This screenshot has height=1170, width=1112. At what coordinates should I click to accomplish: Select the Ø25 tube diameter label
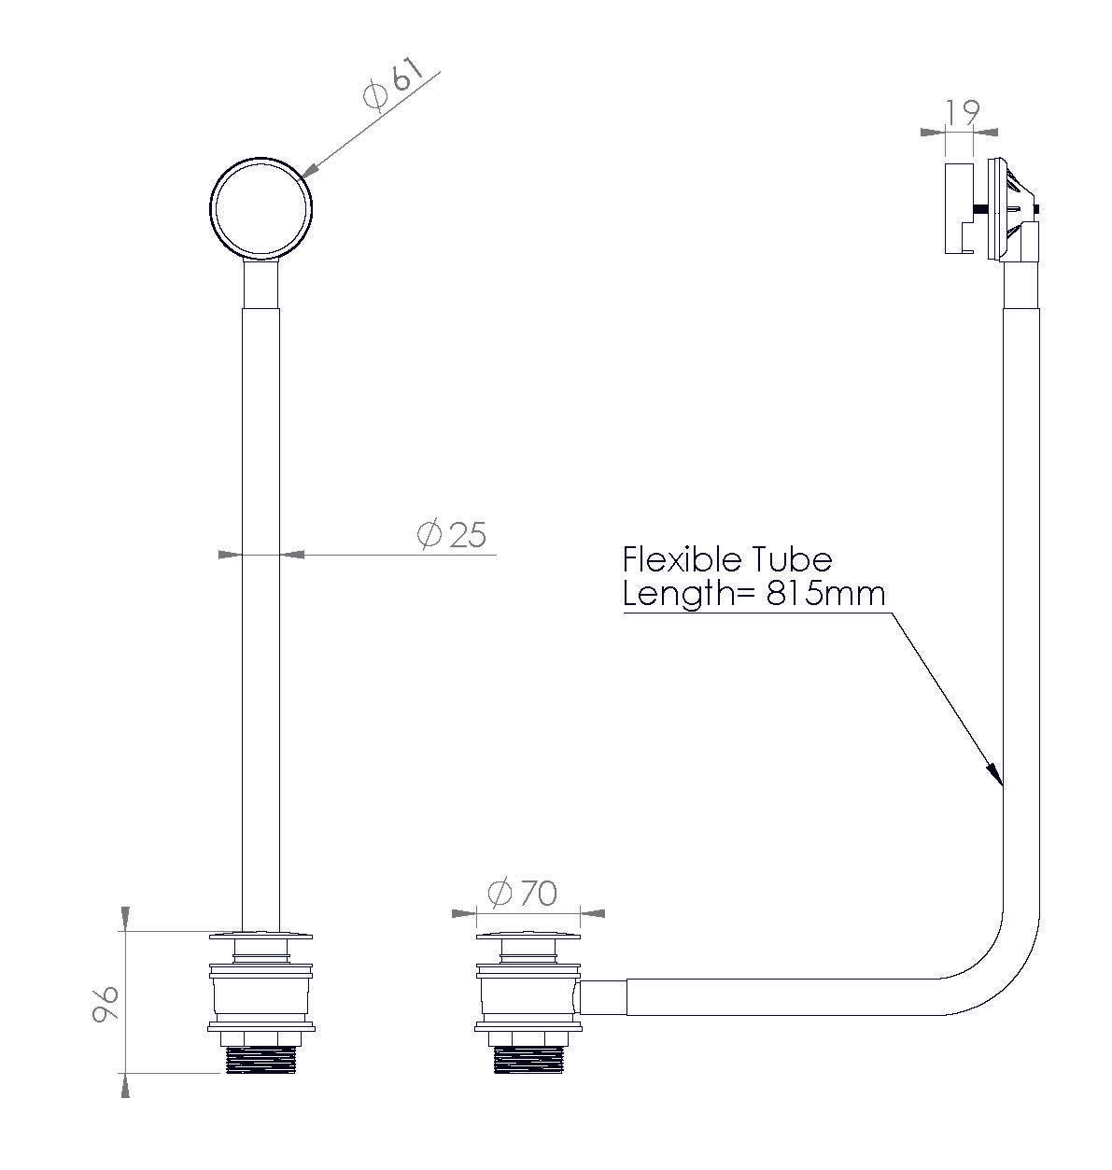pos(452,535)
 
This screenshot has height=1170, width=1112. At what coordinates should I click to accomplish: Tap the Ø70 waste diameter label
pos(522,894)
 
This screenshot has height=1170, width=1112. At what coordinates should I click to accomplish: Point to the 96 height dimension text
pos(106,1005)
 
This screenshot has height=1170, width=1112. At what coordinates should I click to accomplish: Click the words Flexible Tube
pos(726,559)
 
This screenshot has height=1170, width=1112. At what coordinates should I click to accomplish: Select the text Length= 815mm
pos(753,594)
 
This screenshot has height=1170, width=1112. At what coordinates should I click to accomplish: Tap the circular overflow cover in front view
pos(260,208)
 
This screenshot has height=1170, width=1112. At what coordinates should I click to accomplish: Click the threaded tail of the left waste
pos(260,1060)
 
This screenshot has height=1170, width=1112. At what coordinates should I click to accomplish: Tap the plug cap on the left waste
pos(260,935)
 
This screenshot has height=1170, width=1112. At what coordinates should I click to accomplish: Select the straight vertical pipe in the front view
pos(260,607)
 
